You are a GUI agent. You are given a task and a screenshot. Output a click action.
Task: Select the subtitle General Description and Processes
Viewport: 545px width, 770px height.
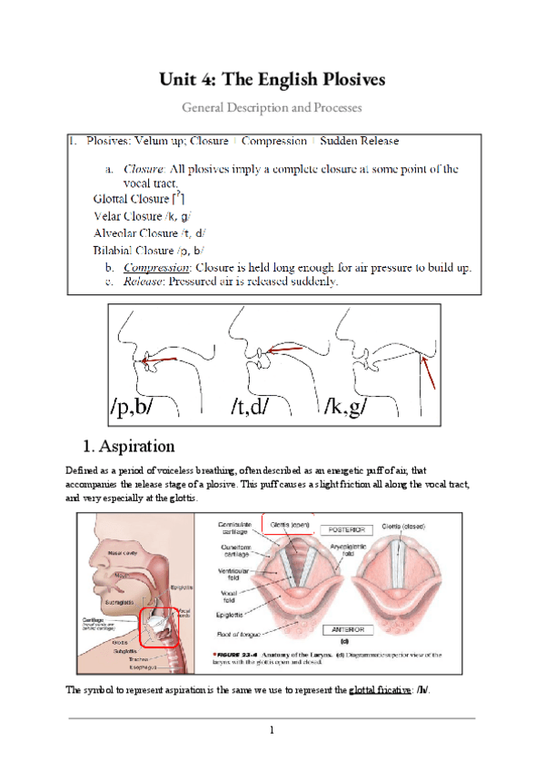tap(272, 107)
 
